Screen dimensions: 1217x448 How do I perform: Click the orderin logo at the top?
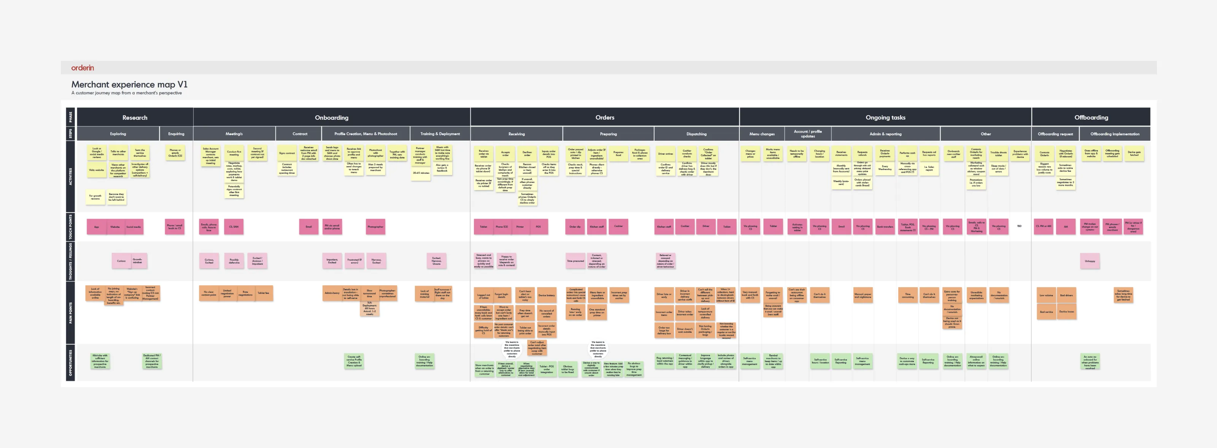tap(83, 68)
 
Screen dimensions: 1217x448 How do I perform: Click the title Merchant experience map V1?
tap(129, 84)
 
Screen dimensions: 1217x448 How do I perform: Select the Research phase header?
tap(135, 118)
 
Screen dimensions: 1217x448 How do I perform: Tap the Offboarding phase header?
tap(1091, 118)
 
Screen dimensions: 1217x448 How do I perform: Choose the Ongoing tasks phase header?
tap(885, 118)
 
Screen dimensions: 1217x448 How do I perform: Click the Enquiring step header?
tap(176, 134)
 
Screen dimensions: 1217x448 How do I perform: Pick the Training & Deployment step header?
tap(440, 134)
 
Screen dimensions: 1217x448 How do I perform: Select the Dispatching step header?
tap(696, 134)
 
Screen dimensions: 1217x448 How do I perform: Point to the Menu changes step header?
tap(761, 134)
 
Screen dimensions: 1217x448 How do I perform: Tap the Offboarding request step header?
tap(1055, 134)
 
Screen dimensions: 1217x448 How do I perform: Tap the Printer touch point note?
tap(520, 227)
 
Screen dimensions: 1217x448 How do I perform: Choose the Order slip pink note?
tap(575, 227)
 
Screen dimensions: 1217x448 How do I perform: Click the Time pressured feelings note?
tap(575, 261)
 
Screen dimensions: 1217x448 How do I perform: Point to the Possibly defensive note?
tap(234, 261)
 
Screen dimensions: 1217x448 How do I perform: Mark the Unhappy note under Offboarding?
tap(1090, 261)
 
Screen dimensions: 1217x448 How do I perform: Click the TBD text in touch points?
tap(1019, 226)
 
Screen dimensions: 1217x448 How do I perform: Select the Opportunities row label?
tap(71, 363)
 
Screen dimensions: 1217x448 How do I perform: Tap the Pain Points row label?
tap(71, 313)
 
